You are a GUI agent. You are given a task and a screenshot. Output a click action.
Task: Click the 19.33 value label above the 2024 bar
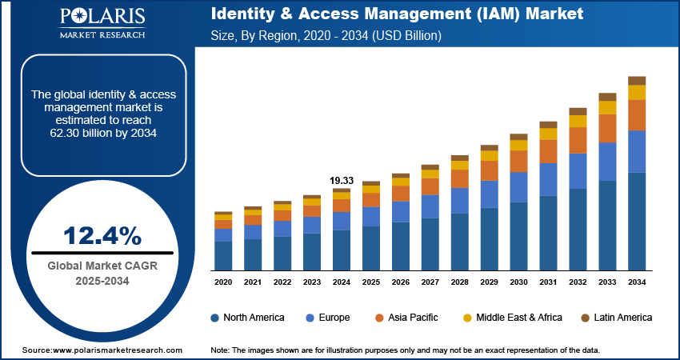coord(342,180)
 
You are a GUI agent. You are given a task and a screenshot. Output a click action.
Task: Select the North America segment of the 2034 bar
coord(637,222)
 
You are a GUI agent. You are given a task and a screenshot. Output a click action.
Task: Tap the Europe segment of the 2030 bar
coord(518,186)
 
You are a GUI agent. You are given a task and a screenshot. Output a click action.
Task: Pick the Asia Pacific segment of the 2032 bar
coord(578,140)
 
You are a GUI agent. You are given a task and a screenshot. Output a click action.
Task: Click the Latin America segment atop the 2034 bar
coord(637,80)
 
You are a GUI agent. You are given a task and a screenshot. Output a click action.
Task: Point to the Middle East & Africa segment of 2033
coord(607,107)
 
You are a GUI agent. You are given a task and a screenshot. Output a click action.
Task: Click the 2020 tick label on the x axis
coord(223,282)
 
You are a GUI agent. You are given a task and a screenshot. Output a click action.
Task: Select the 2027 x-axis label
coord(430,282)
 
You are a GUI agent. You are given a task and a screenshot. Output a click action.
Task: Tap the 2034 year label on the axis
coord(637,282)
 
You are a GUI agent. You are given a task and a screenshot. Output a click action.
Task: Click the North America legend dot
coord(215,318)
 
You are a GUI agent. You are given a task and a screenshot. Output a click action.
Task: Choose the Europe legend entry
coord(328,318)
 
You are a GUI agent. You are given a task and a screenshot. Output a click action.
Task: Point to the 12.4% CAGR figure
coord(103,235)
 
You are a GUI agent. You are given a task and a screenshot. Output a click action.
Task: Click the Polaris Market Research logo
coord(102,24)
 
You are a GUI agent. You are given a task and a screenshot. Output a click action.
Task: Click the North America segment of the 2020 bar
coord(223,256)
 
